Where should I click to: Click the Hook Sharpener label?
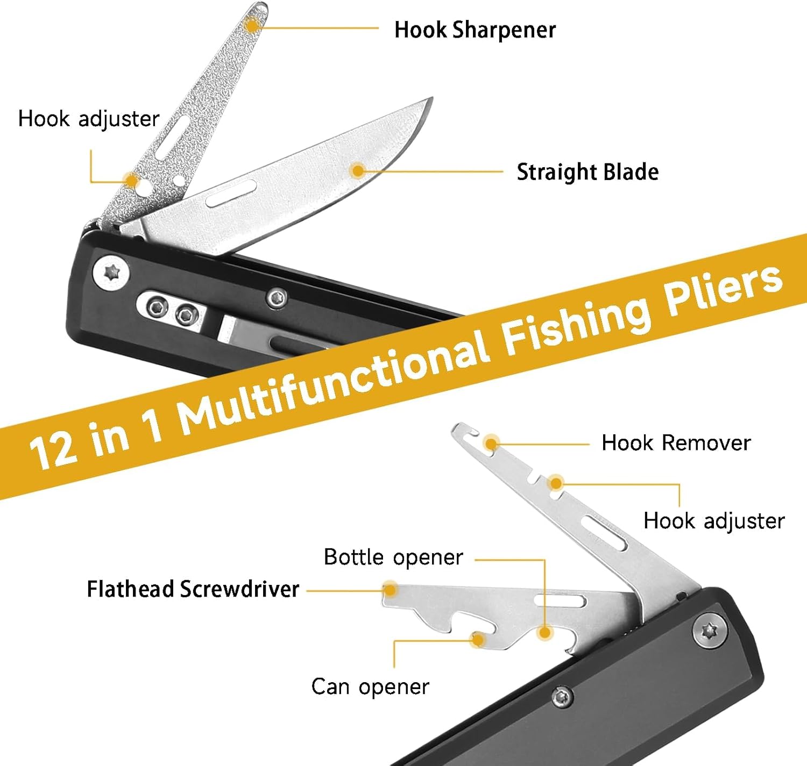tap(475, 30)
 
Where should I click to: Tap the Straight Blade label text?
tap(587, 172)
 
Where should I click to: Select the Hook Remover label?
tap(676, 443)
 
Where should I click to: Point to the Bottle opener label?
tap(393, 557)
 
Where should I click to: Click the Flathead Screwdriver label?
tap(193, 589)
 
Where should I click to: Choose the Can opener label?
tap(370, 687)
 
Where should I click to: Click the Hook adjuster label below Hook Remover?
tap(714, 521)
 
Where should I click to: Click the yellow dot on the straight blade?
tap(357, 170)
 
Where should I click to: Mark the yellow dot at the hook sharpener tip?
tap(251, 24)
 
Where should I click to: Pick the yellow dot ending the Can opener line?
tap(477, 639)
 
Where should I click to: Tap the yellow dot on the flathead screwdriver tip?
tap(391, 590)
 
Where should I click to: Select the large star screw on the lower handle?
tap(710, 629)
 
